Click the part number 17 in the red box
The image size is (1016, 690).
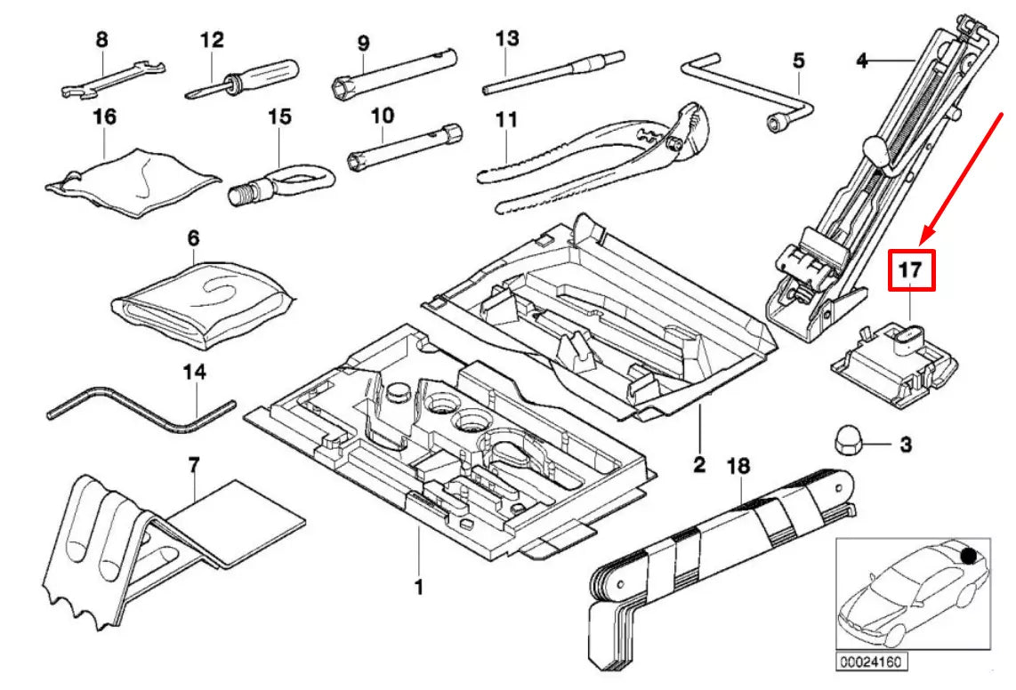[x=912, y=271]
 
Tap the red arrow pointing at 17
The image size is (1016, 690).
[x=965, y=174]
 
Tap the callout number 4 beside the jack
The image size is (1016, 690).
[x=860, y=61]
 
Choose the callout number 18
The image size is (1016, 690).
[x=738, y=465]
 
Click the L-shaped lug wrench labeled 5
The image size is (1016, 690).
[x=756, y=98]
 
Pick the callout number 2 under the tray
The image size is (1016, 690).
[x=699, y=462]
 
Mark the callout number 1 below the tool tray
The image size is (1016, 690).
[x=418, y=587]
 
